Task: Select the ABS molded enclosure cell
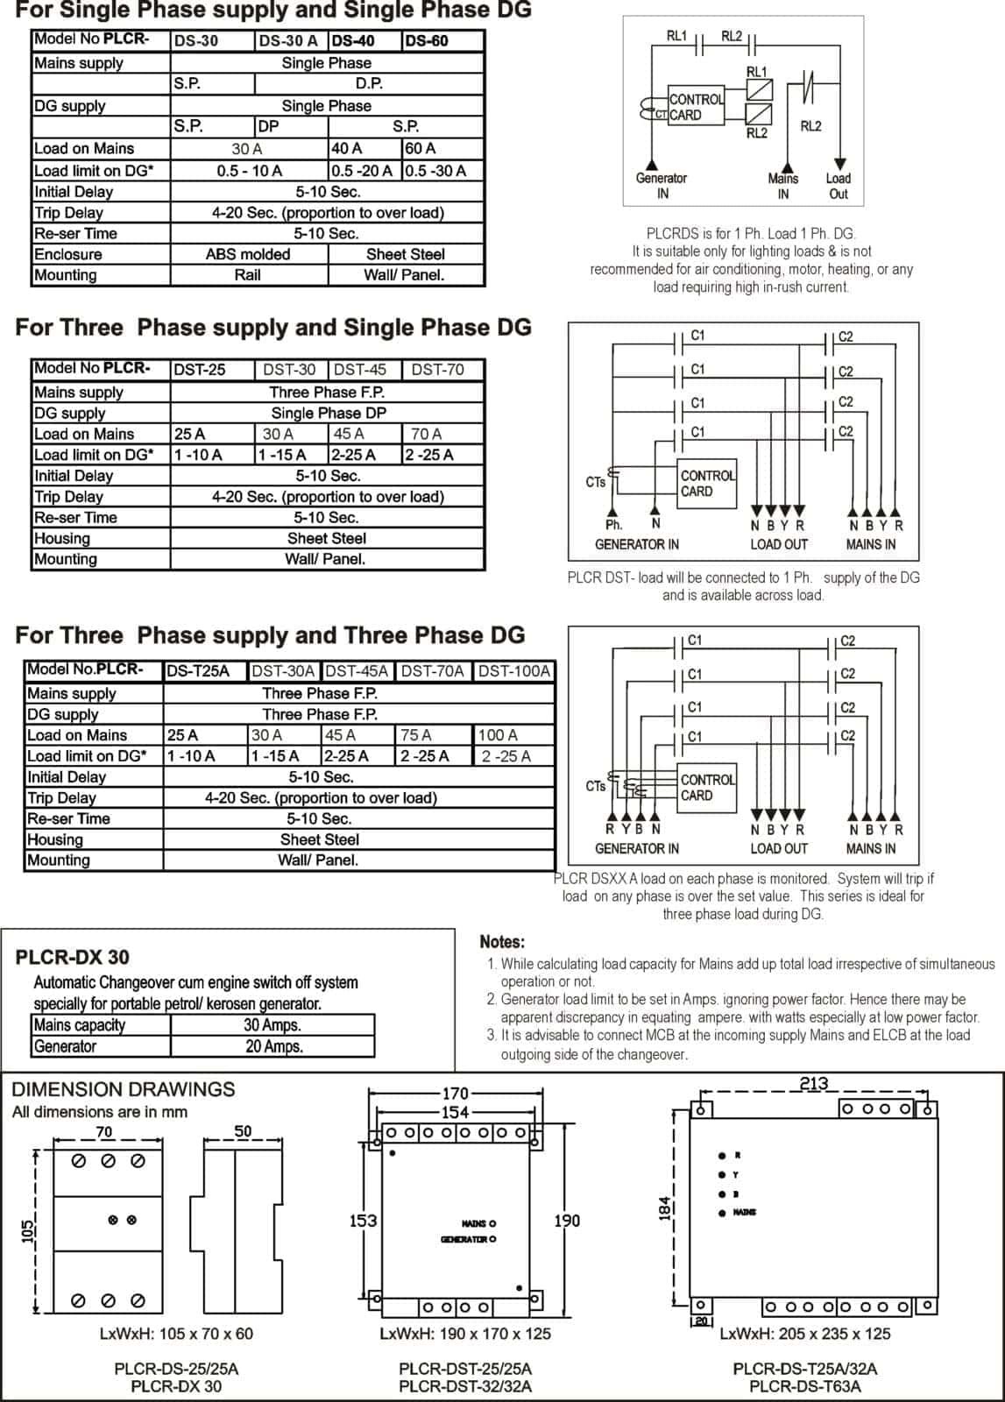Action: pos(247,254)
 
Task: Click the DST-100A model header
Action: pos(514,671)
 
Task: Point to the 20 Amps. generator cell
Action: pos(273,1046)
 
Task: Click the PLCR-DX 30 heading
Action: pos(72,957)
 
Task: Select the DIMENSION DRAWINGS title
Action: pos(124,1089)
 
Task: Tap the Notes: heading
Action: pos(502,942)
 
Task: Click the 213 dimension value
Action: pos(814,1084)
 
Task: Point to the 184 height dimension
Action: pos(664,1208)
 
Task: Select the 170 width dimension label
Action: pos(455,1094)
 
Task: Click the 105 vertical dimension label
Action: pos(25,1231)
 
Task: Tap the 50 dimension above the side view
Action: pos(243,1131)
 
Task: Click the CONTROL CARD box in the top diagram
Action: pos(696,107)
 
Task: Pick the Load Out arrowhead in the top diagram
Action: pos(839,164)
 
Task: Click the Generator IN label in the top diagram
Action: pos(662,186)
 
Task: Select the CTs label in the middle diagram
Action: pos(596,482)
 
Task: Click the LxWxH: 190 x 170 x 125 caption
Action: pos(465,1334)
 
